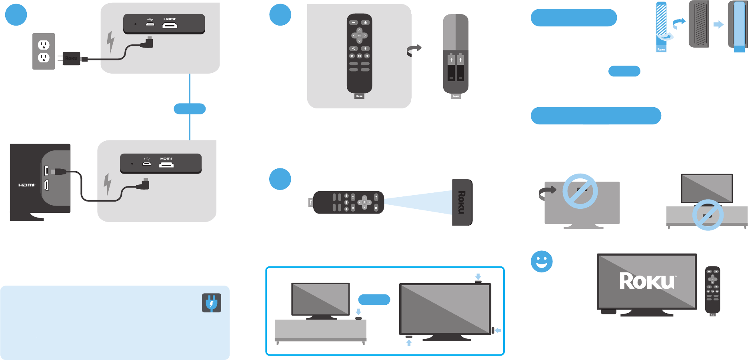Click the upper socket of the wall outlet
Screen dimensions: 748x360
click(x=44, y=45)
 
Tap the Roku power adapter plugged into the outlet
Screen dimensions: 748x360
click(x=71, y=58)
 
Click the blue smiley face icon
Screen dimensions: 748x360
click(x=542, y=262)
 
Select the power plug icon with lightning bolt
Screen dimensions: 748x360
click(x=211, y=303)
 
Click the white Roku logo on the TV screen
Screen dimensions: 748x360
click(x=647, y=281)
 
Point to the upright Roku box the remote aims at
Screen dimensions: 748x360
click(x=462, y=202)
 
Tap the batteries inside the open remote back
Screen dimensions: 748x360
click(x=456, y=67)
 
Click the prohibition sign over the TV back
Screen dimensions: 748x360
click(x=580, y=191)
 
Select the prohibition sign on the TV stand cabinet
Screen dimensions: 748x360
click(x=708, y=215)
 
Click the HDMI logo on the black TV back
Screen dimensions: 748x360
click(x=27, y=185)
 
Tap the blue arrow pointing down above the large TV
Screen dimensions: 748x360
click(x=478, y=276)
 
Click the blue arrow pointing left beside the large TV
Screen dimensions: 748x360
click(x=498, y=330)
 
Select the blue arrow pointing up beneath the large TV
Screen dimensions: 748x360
click(x=409, y=343)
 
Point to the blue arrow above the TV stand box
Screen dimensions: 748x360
click(x=358, y=312)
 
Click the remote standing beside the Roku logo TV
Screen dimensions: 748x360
click(x=712, y=290)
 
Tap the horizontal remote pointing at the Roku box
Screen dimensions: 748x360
click(x=348, y=202)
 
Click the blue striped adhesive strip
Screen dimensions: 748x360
click(x=661, y=24)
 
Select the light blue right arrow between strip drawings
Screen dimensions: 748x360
click(x=718, y=25)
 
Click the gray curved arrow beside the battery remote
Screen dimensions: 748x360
click(x=414, y=50)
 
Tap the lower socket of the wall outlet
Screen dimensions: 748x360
click(x=44, y=58)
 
